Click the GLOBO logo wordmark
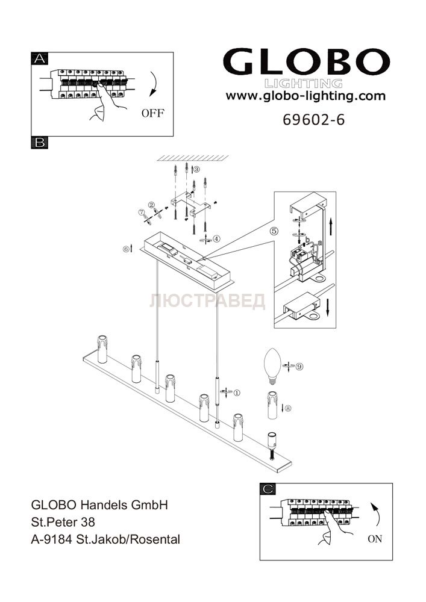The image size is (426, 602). [307, 62]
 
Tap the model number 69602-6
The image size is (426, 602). [313, 119]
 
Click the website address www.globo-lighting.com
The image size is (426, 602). [305, 96]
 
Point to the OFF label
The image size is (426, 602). [152, 113]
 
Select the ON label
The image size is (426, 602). [375, 539]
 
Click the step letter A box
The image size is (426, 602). [39, 58]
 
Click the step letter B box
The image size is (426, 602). [39, 143]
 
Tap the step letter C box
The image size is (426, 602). [268, 489]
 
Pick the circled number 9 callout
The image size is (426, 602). [299, 366]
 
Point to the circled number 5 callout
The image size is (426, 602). [274, 231]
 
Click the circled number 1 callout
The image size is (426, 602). [237, 393]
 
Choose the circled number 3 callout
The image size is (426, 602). [196, 169]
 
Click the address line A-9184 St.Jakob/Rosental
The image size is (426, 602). [105, 539]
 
